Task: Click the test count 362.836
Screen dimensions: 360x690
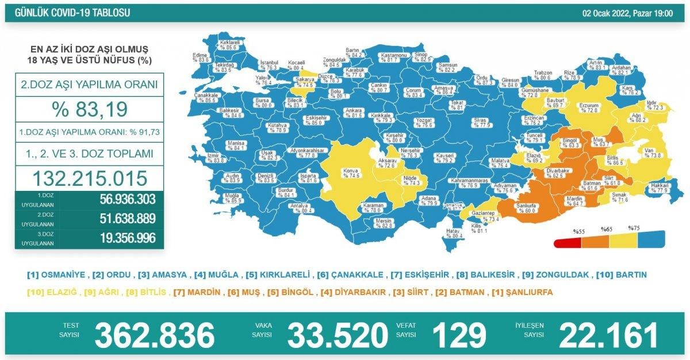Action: pos(154,335)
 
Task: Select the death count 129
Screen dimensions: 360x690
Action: pos(458,335)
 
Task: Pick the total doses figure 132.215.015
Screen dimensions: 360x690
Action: pos(89,177)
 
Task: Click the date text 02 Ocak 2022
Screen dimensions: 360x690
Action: pos(607,13)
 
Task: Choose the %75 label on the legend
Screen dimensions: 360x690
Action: pos(634,228)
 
